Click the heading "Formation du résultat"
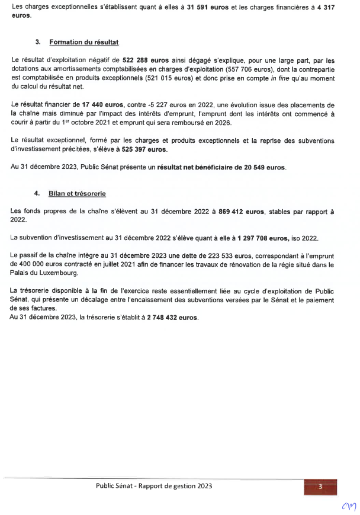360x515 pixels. tap(84, 43)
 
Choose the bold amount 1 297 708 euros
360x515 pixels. tap(263, 238)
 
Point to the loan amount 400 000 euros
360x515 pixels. tap(39, 265)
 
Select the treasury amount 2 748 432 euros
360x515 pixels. tap(169, 318)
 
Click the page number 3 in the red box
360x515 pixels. tap(320, 487)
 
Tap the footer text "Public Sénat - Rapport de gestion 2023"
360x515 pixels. tap(154, 486)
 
